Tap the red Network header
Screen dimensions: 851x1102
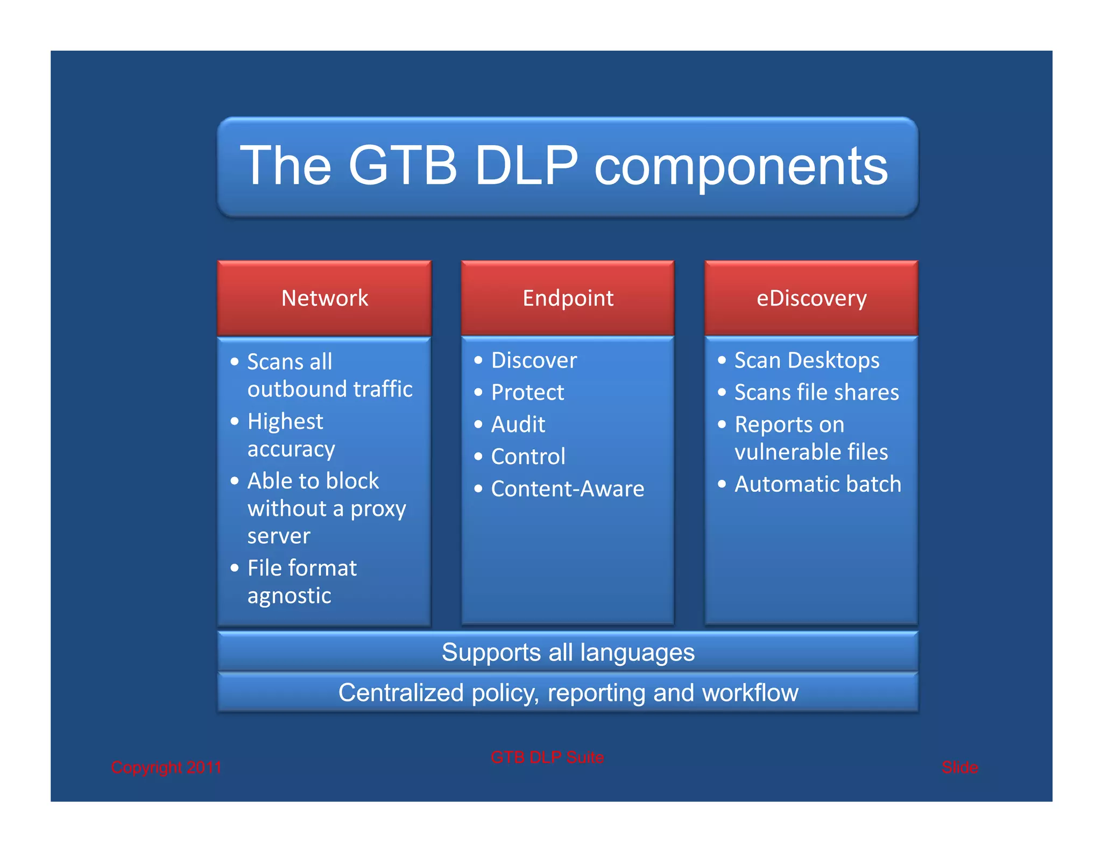click(324, 298)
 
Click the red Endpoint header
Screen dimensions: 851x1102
click(568, 298)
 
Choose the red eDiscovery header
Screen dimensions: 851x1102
click(811, 298)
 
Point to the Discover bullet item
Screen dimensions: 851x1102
click(533, 360)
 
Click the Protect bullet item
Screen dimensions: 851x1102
click(527, 392)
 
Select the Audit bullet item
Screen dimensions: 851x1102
click(518, 424)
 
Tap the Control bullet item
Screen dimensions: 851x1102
click(528, 457)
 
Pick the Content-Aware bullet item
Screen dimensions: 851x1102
click(567, 489)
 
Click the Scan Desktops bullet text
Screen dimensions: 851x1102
click(806, 360)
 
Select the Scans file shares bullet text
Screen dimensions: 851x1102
click(816, 392)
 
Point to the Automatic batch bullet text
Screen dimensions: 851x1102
click(817, 484)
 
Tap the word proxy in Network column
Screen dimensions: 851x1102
click(378, 509)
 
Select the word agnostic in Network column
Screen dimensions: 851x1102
click(289, 596)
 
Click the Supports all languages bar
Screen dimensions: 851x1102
click(568, 652)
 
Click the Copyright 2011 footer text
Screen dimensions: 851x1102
click(166, 767)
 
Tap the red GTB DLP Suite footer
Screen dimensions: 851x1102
click(547, 757)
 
